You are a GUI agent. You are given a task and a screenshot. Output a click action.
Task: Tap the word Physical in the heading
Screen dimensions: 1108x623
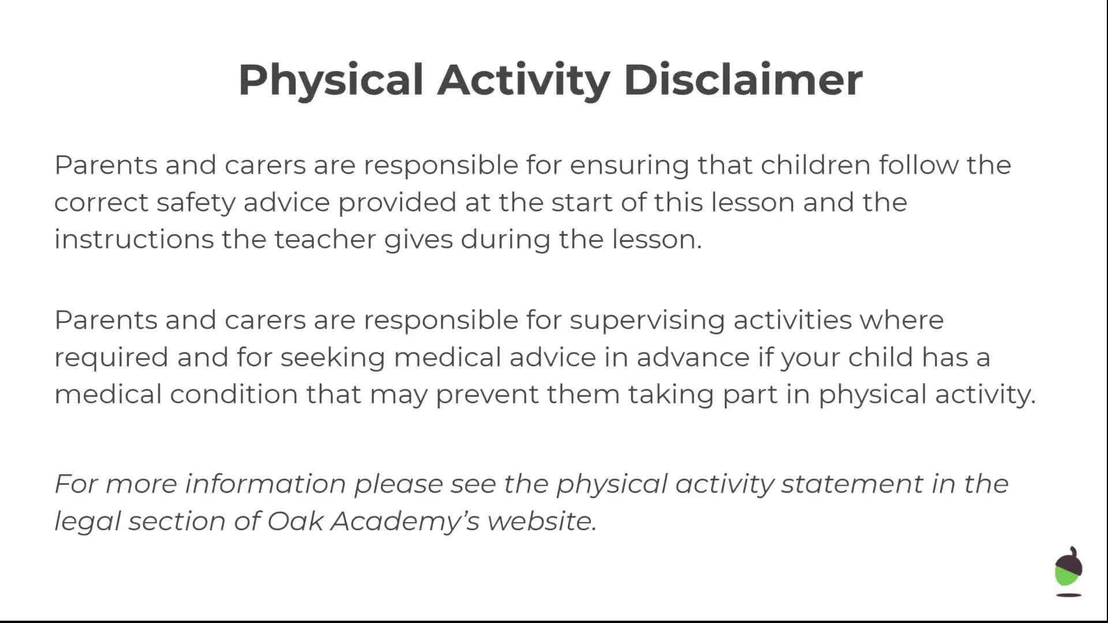point(331,81)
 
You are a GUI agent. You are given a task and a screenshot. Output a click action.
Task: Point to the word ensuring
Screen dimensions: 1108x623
point(630,166)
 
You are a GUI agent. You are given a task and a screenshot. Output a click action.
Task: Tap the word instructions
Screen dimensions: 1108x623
point(134,239)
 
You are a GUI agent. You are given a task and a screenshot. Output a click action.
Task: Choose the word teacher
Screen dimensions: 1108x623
point(325,239)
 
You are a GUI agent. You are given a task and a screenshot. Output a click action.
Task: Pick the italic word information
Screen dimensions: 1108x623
point(265,483)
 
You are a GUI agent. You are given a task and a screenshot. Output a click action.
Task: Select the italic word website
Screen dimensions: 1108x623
point(542,521)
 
